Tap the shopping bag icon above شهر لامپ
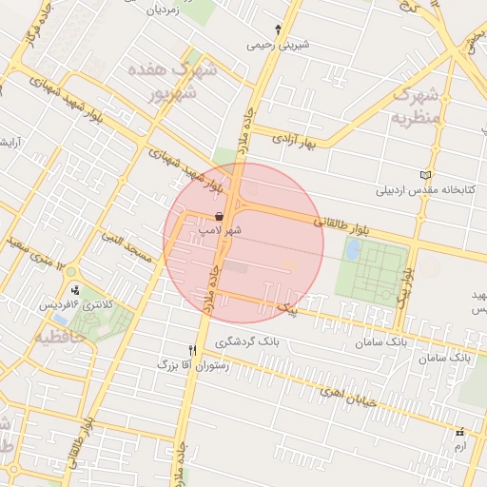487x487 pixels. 221,216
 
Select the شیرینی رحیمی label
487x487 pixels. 276,44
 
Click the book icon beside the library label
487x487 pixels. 424,175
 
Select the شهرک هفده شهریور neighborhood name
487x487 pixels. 171,82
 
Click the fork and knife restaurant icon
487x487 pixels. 194,350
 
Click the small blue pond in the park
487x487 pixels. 353,249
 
